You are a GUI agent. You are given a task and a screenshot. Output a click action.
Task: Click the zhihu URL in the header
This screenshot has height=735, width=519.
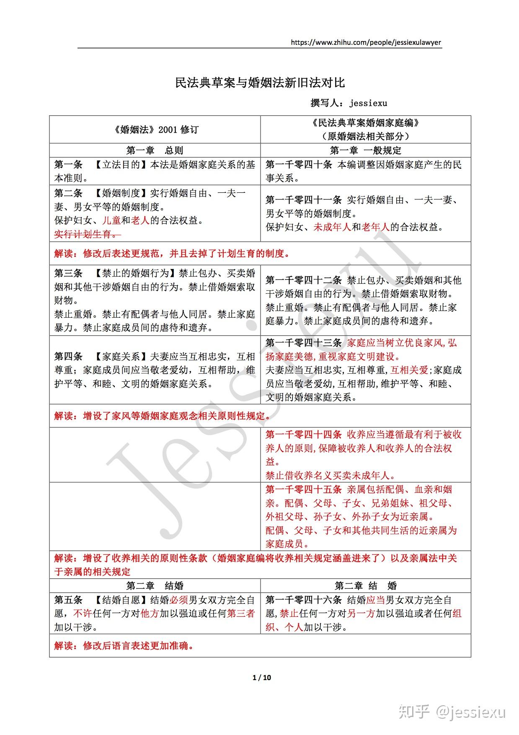click(x=365, y=42)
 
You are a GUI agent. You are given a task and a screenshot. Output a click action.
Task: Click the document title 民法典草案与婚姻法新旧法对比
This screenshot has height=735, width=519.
click(x=260, y=83)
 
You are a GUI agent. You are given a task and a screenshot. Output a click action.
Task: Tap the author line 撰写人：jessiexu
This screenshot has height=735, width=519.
click(x=349, y=103)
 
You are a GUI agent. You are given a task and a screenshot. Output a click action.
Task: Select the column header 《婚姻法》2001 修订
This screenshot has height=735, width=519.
click(x=155, y=129)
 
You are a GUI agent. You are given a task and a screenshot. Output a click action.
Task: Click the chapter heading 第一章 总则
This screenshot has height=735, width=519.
click(x=155, y=150)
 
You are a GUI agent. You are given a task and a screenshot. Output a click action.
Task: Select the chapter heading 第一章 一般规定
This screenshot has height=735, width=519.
click(x=365, y=150)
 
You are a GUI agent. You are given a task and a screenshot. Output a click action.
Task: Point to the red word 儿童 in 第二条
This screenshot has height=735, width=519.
click(x=111, y=220)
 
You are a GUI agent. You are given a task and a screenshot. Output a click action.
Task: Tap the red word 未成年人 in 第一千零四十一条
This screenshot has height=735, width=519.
click(x=332, y=227)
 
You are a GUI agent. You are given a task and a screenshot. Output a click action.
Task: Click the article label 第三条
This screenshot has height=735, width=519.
click(x=68, y=273)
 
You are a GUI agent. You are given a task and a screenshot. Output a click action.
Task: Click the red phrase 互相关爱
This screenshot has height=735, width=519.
click(x=409, y=370)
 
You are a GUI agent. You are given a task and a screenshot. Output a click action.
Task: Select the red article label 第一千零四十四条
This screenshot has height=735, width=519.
click(x=304, y=435)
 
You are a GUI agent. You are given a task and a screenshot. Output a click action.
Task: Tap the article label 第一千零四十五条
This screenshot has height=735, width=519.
click(x=304, y=489)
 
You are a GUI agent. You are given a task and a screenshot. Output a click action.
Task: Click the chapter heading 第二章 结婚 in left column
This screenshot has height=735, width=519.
click(x=155, y=586)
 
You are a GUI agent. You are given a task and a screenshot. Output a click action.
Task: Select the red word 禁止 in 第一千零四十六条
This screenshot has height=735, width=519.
click(x=289, y=613)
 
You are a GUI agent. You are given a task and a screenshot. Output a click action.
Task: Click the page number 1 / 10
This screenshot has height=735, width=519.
click(x=262, y=678)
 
